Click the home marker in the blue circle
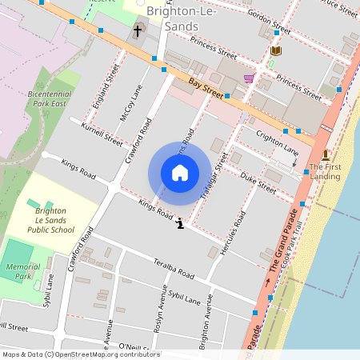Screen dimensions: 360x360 [x=180, y=173]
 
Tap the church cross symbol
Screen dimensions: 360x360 [x=137, y=31]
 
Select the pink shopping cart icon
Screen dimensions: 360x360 [x=249, y=78]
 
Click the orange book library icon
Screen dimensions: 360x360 [x=276, y=51]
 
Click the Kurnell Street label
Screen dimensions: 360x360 [x=102, y=134]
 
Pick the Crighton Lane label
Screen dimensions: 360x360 [x=277, y=144]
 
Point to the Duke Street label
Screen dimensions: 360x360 [x=258, y=183]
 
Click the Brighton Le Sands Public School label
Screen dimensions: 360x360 [x=54, y=220]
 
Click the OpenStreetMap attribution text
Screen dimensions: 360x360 [x=70, y=354]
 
